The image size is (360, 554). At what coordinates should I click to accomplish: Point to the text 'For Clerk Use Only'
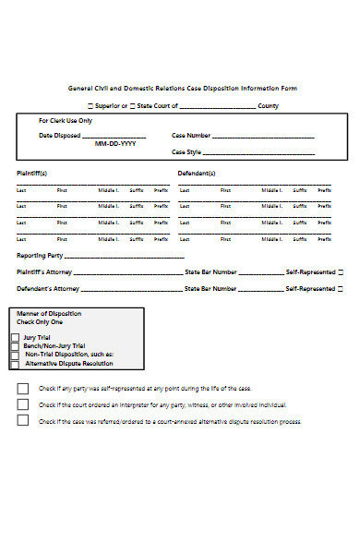[x=65, y=121]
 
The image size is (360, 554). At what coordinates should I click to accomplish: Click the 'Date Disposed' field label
[x=58, y=136]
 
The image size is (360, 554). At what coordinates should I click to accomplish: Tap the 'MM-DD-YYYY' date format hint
[x=115, y=144]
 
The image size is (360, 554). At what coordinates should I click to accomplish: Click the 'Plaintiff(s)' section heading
[x=32, y=173]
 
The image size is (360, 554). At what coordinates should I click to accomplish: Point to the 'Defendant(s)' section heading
[x=197, y=173]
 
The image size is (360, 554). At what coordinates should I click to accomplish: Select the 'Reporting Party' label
[x=39, y=255]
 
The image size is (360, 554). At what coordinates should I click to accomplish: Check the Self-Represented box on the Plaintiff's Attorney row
[x=341, y=272]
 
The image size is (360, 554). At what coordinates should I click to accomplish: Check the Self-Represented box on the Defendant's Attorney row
[x=341, y=289]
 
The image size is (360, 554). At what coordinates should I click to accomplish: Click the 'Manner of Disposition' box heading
[x=49, y=314]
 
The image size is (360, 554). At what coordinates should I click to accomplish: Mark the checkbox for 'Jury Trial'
[x=15, y=338]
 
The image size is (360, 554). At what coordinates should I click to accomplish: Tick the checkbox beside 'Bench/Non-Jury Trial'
[x=15, y=346]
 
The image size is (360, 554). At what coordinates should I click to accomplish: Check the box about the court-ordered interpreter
[x=23, y=404]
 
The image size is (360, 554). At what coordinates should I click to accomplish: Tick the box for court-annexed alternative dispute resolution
[x=23, y=421]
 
